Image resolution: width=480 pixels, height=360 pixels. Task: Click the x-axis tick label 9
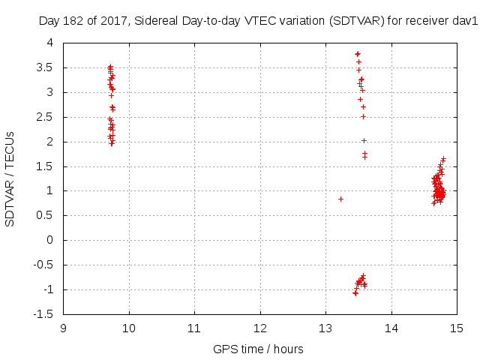click(64, 327)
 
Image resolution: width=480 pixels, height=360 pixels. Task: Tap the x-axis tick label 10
click(129, 327)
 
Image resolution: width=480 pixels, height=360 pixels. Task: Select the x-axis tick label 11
click(194, 327)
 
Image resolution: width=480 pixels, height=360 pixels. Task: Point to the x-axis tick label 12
click(260, 327)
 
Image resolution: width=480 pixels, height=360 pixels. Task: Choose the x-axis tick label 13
click(325, 327)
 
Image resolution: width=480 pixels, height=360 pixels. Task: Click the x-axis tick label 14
click(391, 327)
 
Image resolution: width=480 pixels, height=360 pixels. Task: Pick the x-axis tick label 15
click(456, 327)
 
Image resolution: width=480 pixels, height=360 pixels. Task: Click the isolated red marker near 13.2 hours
click(340, 199)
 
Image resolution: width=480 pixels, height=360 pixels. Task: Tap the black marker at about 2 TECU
click(364, 140)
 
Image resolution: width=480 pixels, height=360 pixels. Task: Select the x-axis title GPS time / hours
click(259, 349)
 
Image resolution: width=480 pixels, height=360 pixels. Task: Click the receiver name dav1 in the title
click(466, 22)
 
